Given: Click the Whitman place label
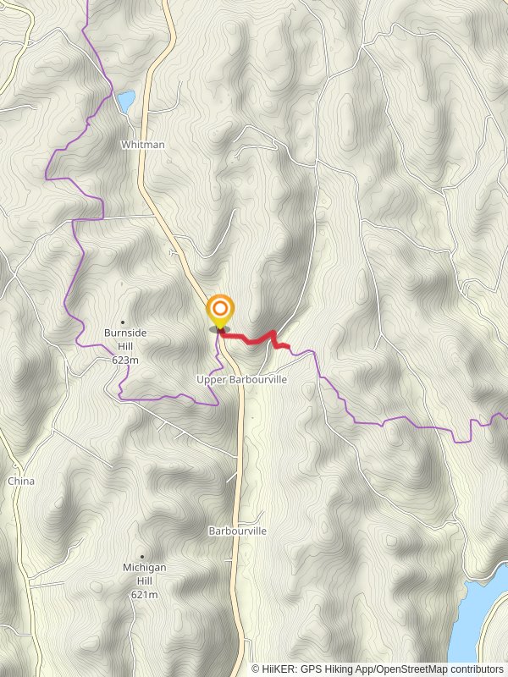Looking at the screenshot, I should pyautogui.click(x=142, y=145).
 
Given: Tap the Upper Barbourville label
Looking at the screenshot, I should pyautogui.click(x=242, y=380).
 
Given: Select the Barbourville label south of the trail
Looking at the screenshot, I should pyautogui.click(x=237, y=531).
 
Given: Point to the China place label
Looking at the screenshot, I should pyautogui.click(x=21, y=481).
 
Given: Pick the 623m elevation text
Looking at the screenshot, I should pyautogui.click(x=125, y=360).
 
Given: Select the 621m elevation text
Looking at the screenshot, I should pyautogui.click(x=144, y=595).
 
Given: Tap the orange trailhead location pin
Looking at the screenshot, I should pyautogui.click(x=220, y=311).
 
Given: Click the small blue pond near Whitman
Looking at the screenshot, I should pyautogui.click(x=126, y=102).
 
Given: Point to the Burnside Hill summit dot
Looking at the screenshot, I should pyautogui.click(x=123, y=322).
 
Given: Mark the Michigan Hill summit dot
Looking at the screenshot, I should pyautogui.click(x=142, y=556).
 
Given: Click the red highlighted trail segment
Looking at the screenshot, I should pyautogui.click(x=254, y=338).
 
